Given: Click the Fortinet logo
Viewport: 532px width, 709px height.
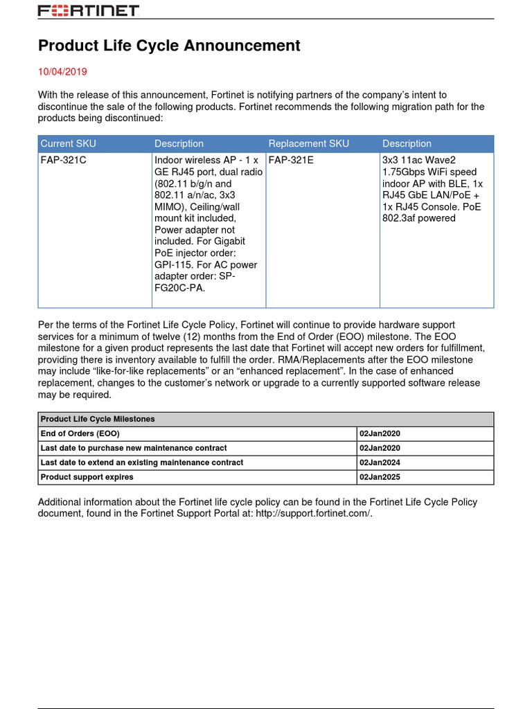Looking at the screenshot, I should pyautogui.click(x=88, y=11).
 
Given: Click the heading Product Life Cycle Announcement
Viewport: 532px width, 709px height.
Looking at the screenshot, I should pyautogui.click(x=169, y=46).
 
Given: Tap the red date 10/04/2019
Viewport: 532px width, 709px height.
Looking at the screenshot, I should pyautogui.click(x=62, y=71).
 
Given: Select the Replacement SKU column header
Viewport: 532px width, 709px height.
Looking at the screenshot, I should pyautogui.click(x=308, y=143).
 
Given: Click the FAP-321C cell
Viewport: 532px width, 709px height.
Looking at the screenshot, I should pyautogui.click(x=63, y=160).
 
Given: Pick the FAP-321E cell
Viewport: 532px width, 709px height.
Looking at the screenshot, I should pyautogui.click(x=291, y=160).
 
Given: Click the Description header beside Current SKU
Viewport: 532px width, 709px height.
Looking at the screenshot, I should pyautogui.click(x=179, y=143).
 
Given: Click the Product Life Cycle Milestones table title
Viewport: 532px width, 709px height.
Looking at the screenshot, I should pyautogui.click(x=98, y=419).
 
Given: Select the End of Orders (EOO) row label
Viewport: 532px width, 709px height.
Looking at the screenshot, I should pyautogui.click(x=80, y=433).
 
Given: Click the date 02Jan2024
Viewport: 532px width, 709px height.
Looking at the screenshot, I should pyautogui.click(x=380, y=463).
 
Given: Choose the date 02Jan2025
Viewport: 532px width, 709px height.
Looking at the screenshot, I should pyautogui.click(x=380, y=477).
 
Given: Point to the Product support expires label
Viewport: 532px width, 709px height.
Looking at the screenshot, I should pyautogui.click(x=87, y=477).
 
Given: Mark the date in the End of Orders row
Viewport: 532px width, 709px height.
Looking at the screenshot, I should pyautogui.click(x=380, y=433).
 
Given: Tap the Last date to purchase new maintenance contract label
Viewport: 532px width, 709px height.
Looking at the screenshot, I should pyautogui.click(x=134, y=448).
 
